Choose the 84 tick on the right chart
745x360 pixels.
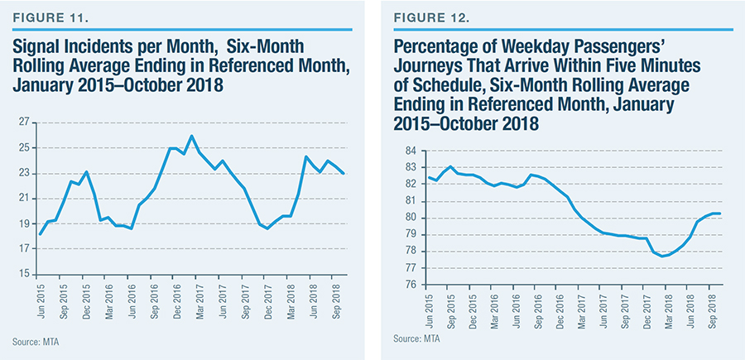pos(410,151)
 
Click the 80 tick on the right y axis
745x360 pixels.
pos(410,218)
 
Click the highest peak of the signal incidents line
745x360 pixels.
pos(191,136)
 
